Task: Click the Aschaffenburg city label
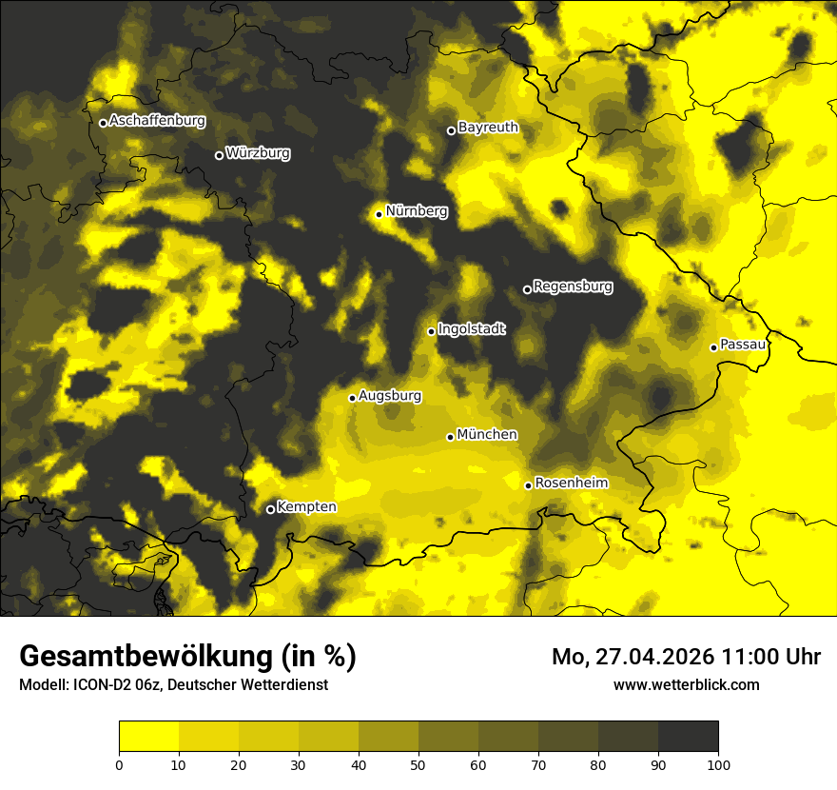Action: click(x=157, y=121)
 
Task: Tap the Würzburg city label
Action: click(x=258, y=153)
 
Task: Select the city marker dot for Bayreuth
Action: click(x=452, y=130)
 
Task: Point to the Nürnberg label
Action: click(x=416, y=211)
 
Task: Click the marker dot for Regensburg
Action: click(x=527, y=289)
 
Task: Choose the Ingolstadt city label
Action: click(x=472, y=329)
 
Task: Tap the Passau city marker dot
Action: click(x=713, y=347)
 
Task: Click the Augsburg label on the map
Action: click(x=390, y=396)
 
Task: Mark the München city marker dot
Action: click(x=451, y=437)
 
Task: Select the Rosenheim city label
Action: click(x=571, y=484)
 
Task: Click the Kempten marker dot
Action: click(x=270, y=509)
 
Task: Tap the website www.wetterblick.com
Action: click(x=687, y=684)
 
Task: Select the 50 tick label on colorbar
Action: click(x=418, y=763)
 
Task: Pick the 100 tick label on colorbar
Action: click(x=718, y=763)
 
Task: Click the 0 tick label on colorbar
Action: click(x=119, y=763)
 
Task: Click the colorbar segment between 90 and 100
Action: click(x=688, y=737)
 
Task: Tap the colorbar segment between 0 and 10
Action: click(x=148, y=737)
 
